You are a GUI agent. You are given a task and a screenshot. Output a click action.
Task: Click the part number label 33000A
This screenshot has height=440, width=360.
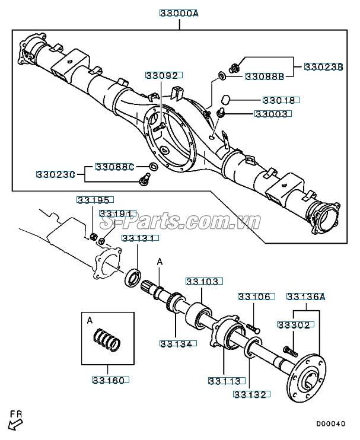tap(179, 12)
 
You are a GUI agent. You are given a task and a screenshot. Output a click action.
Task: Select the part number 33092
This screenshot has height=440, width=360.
tap(161, 75)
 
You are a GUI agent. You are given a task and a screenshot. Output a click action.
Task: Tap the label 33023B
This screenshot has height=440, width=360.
tap(324, 67)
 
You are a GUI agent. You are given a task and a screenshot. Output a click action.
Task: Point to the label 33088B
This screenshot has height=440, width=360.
tap(264, 76)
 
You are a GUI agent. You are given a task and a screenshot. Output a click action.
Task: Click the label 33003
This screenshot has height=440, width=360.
tap(271, 113)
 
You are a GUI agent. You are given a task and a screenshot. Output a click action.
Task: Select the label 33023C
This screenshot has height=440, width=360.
tap(55, 174)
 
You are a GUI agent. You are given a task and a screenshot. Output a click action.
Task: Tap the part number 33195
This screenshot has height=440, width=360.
tap(94, 200)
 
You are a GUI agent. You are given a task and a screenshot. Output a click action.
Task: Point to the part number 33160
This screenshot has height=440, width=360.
tap(108, 380)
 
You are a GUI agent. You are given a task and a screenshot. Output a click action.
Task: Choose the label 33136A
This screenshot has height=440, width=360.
tap(306, 296)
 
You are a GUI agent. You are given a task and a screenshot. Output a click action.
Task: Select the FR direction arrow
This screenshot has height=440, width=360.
tap(15, 422)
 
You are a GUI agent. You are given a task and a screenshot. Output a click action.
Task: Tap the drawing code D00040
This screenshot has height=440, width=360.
tap(330, 424)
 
